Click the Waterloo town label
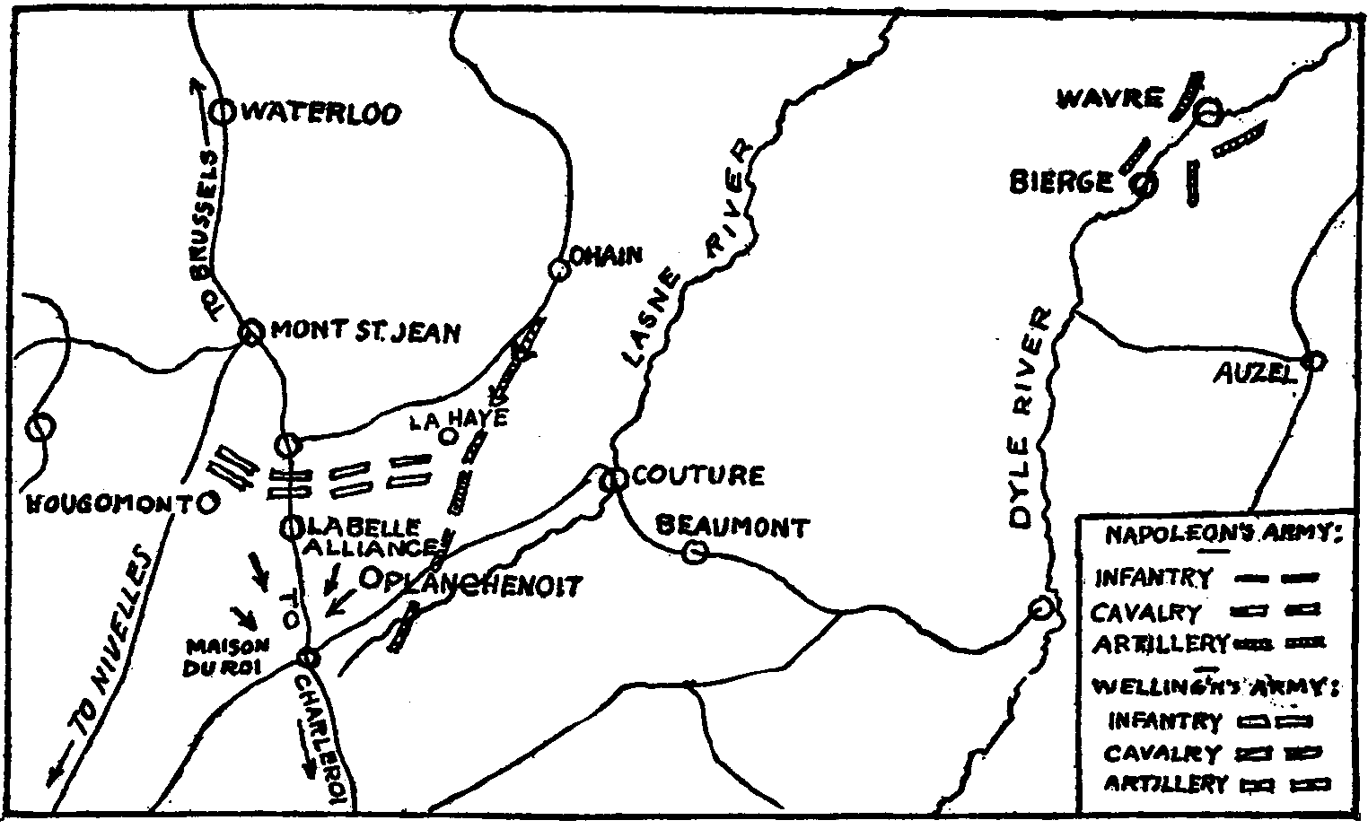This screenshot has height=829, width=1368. coord(320,114)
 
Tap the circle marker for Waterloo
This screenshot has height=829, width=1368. coord(222,112)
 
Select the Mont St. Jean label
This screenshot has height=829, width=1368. coord(365,332)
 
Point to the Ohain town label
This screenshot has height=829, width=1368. coord(607,257)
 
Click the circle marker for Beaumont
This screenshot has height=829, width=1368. coord(693,553)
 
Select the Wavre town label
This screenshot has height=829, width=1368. coord(1110,98)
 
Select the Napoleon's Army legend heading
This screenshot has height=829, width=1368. coord(1222,536)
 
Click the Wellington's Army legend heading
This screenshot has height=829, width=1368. coord(1217,687)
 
